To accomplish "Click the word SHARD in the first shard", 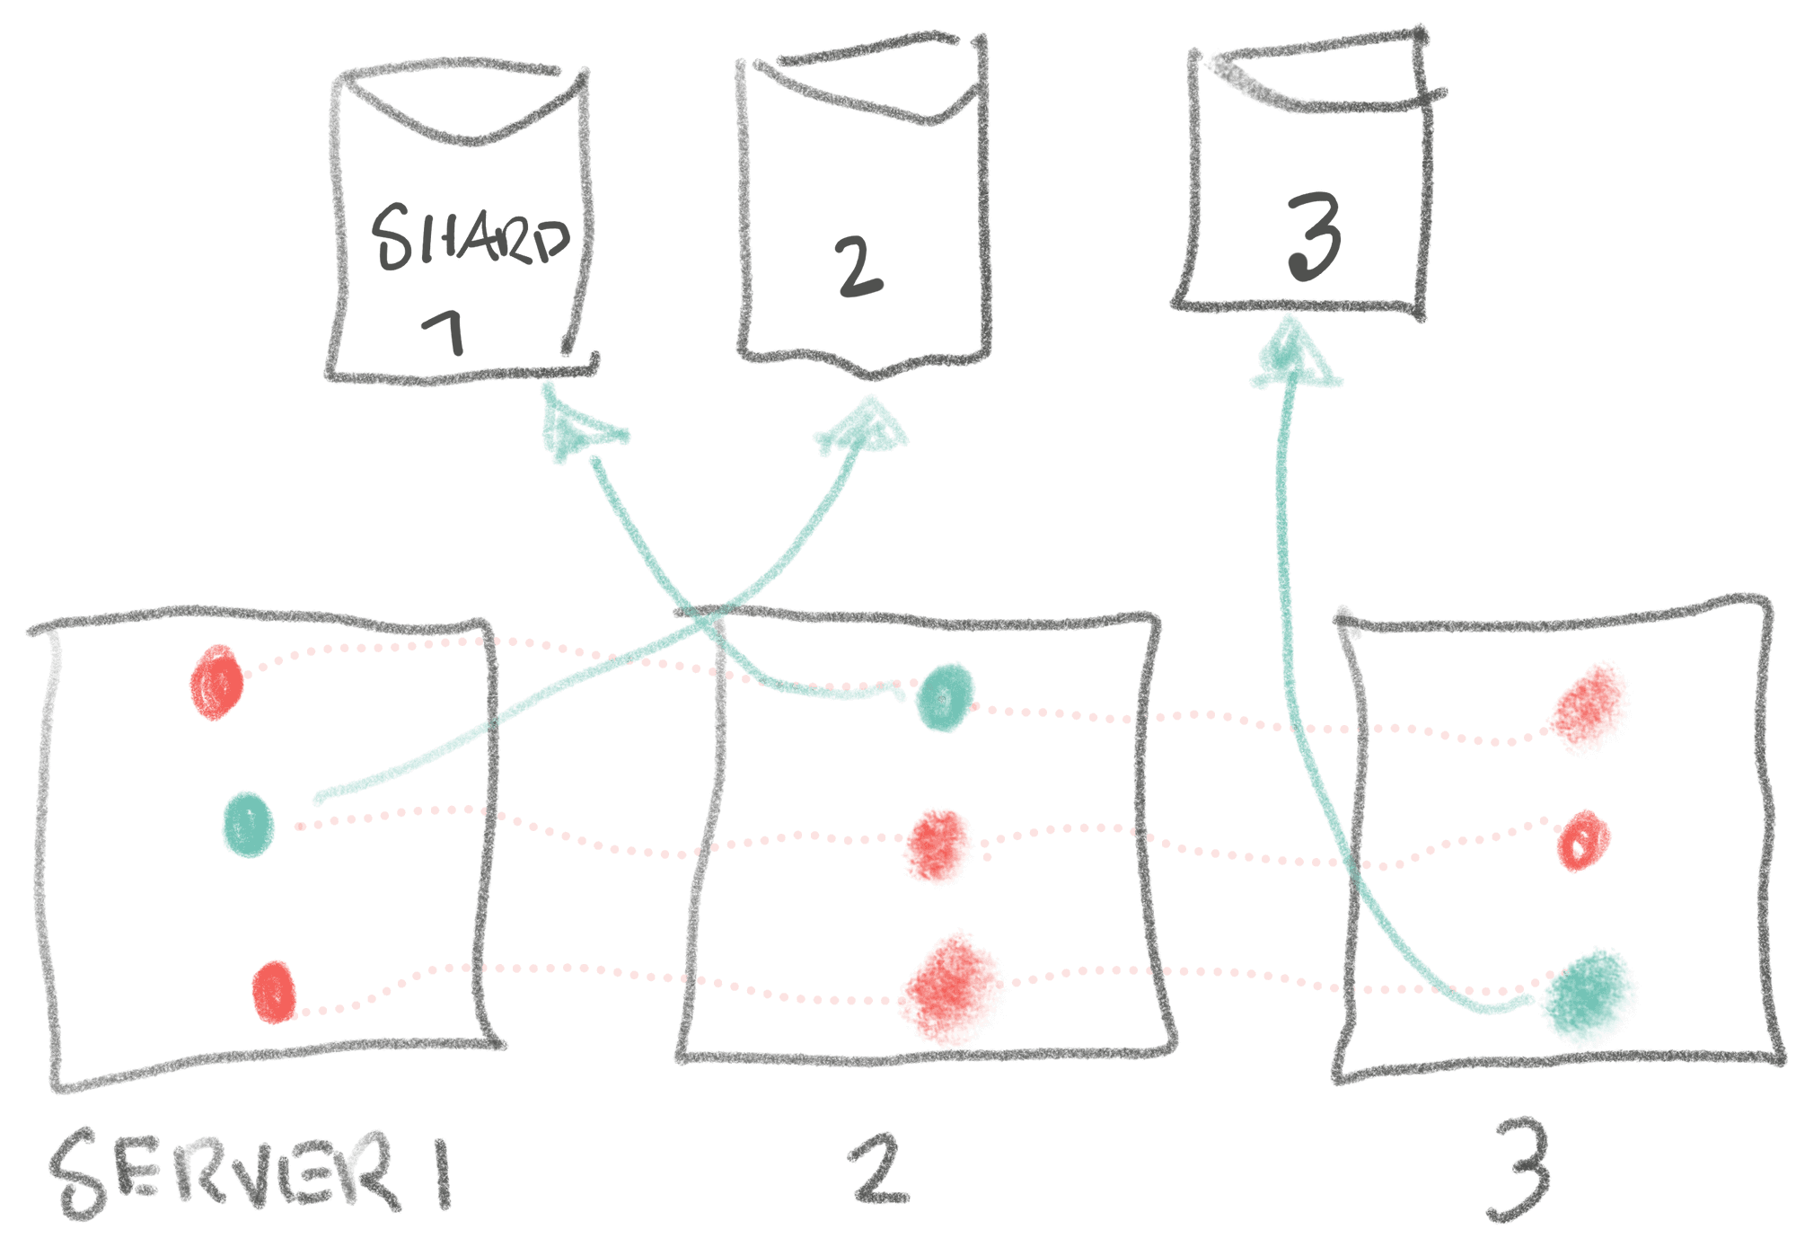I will (x=471, y=237).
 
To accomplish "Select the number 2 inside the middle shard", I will (x=859, y=267).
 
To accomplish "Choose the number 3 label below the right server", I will (x=1520, y=1170).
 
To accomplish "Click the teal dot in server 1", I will (x=248, y=824).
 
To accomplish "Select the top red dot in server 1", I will (x=216, y=682).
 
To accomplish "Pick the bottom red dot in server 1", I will (x=275, y=992).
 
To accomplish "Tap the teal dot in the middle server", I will (x=945, y=697).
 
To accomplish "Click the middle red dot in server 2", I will (x=938, y=846).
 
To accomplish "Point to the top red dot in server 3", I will (x=1589, y=707).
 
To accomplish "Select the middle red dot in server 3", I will (x=1583, y=841).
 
